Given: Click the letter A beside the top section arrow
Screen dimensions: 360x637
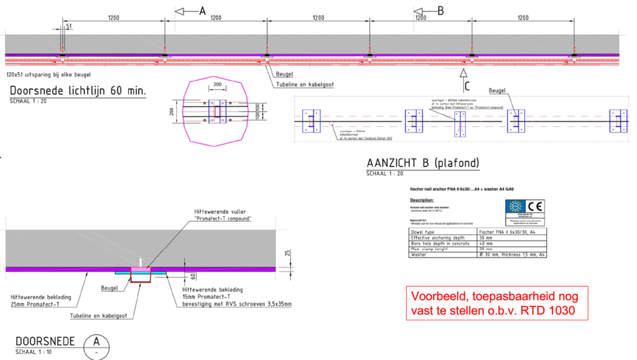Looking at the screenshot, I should click(x=202, y=11).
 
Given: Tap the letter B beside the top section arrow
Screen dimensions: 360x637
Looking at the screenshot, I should click(x=440, y=11).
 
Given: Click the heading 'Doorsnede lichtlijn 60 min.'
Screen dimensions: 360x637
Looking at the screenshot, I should click(x=78, y=91).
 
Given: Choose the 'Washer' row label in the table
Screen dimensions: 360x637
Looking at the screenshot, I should click(x=420, y=255).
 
